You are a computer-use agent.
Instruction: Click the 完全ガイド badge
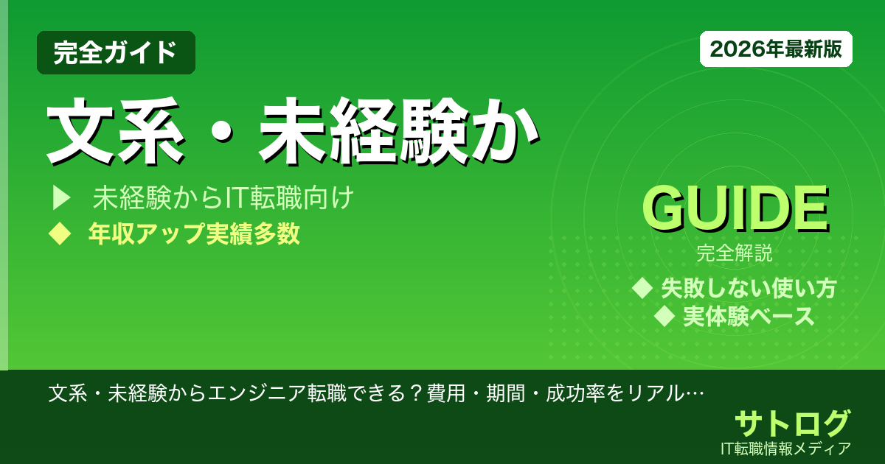point(116,52)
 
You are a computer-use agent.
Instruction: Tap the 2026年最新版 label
point(776,49)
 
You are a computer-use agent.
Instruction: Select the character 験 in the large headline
point(431,133)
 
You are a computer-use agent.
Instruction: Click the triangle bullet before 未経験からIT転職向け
point(60,199)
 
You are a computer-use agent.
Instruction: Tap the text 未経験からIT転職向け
point(224,199)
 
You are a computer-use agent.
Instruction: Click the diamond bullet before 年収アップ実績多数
point(58,234)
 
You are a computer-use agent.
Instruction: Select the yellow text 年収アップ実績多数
point(194,234)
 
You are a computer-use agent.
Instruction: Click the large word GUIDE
point(735,211)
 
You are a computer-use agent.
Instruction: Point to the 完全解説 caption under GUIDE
point(735,255)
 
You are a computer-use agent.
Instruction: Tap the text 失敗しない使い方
point(749,288)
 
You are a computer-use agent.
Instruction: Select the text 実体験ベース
point(749,317)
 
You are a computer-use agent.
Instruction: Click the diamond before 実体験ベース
point(665,317)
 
